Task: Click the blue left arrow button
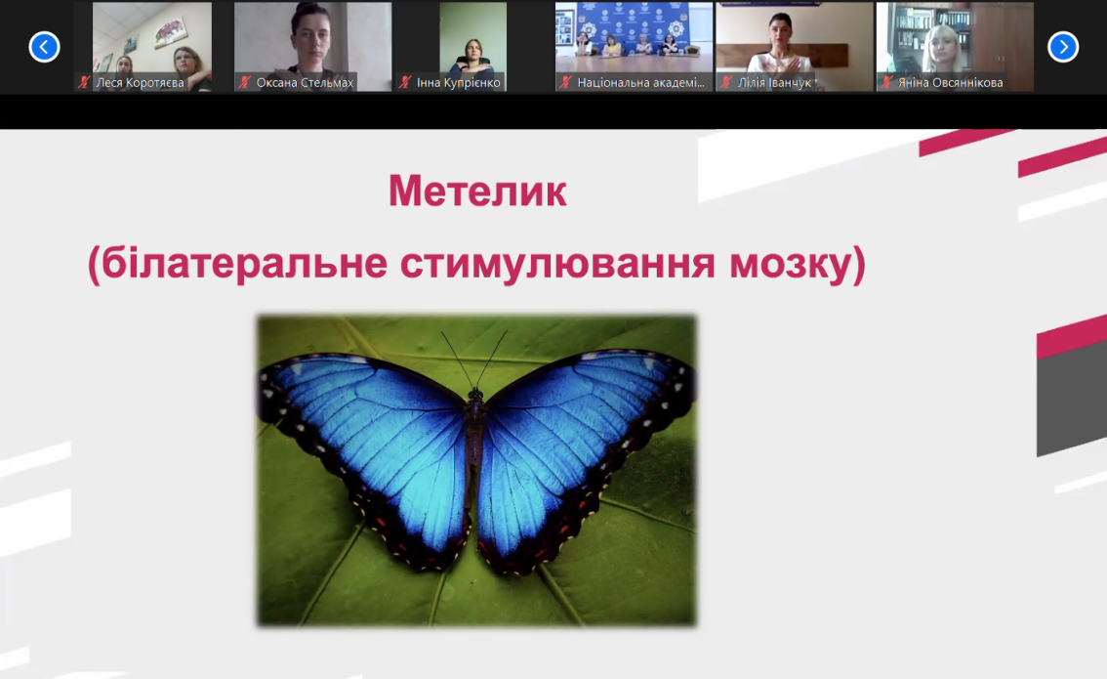[44, 47]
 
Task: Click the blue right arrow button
[1062, 47]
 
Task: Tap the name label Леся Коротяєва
[140, 83]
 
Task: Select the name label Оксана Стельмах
[305, 83]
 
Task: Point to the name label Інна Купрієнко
[458, 83]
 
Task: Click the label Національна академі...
[641, 83]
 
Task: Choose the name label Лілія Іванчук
[774, 83]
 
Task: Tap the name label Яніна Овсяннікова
[950, 83]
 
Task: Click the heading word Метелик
[477, 191]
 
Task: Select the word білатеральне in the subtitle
[244, 263]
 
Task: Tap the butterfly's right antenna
[493, 359]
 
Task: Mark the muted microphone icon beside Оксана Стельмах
[244, 83]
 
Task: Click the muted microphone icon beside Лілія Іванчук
[725, 83]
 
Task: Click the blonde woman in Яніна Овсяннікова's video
[942, 50]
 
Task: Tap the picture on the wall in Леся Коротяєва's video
[172, 30]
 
